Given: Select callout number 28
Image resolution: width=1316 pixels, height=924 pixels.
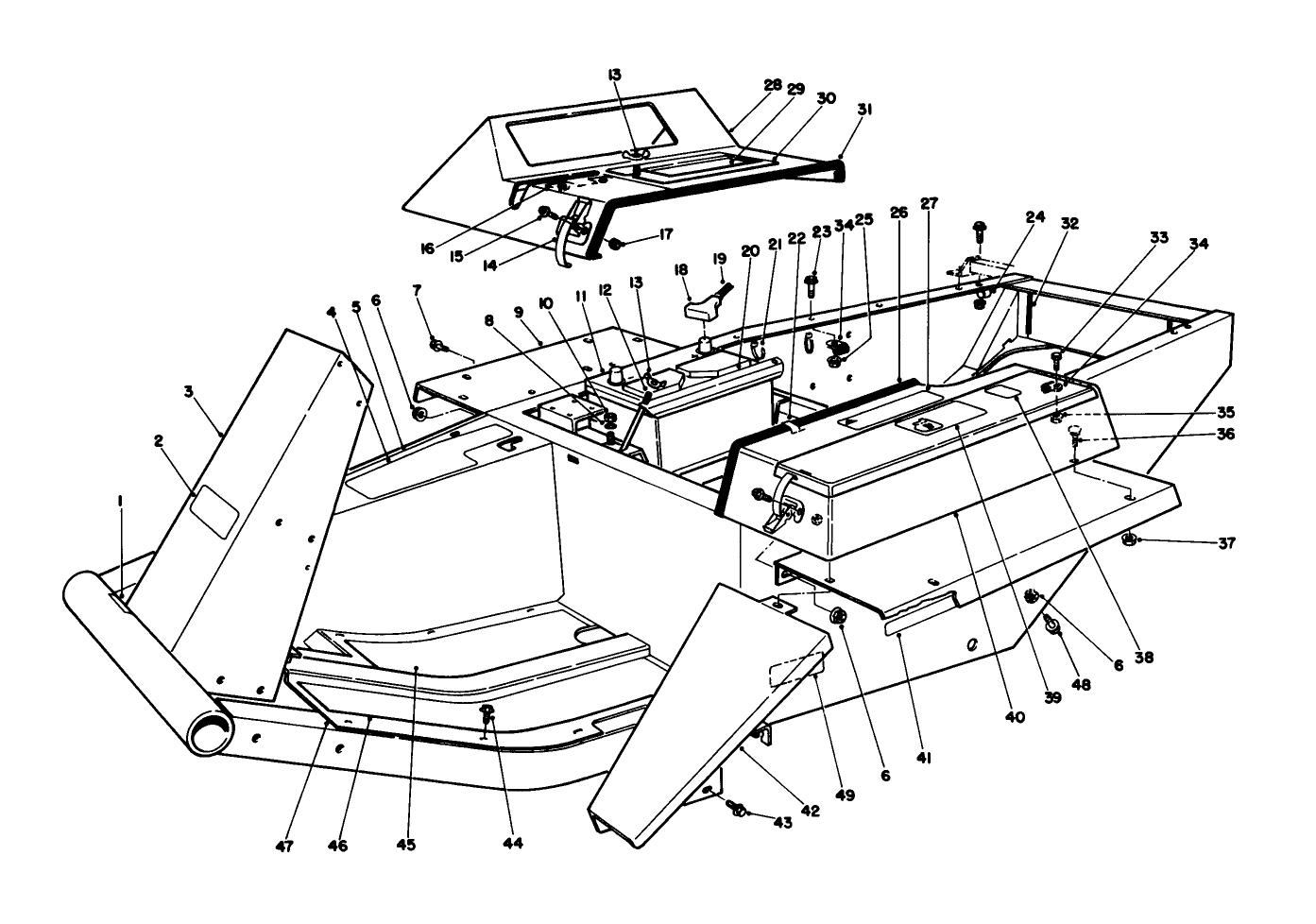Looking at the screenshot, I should tap(773, 85).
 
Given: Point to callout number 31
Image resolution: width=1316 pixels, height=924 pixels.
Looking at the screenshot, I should tap(864, 110).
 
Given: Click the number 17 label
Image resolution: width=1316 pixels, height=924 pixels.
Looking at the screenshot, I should tap(640, 233).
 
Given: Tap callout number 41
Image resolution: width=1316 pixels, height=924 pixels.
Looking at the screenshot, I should tap(925, 757).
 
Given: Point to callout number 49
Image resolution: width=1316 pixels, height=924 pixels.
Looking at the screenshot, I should tap(846, 796).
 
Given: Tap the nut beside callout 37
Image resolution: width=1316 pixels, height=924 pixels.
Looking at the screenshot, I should tap(1128, 539).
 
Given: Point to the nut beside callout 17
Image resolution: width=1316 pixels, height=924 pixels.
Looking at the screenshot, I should tap(615, 245).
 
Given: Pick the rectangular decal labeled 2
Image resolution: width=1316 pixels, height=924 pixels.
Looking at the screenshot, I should tap(214, 515).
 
